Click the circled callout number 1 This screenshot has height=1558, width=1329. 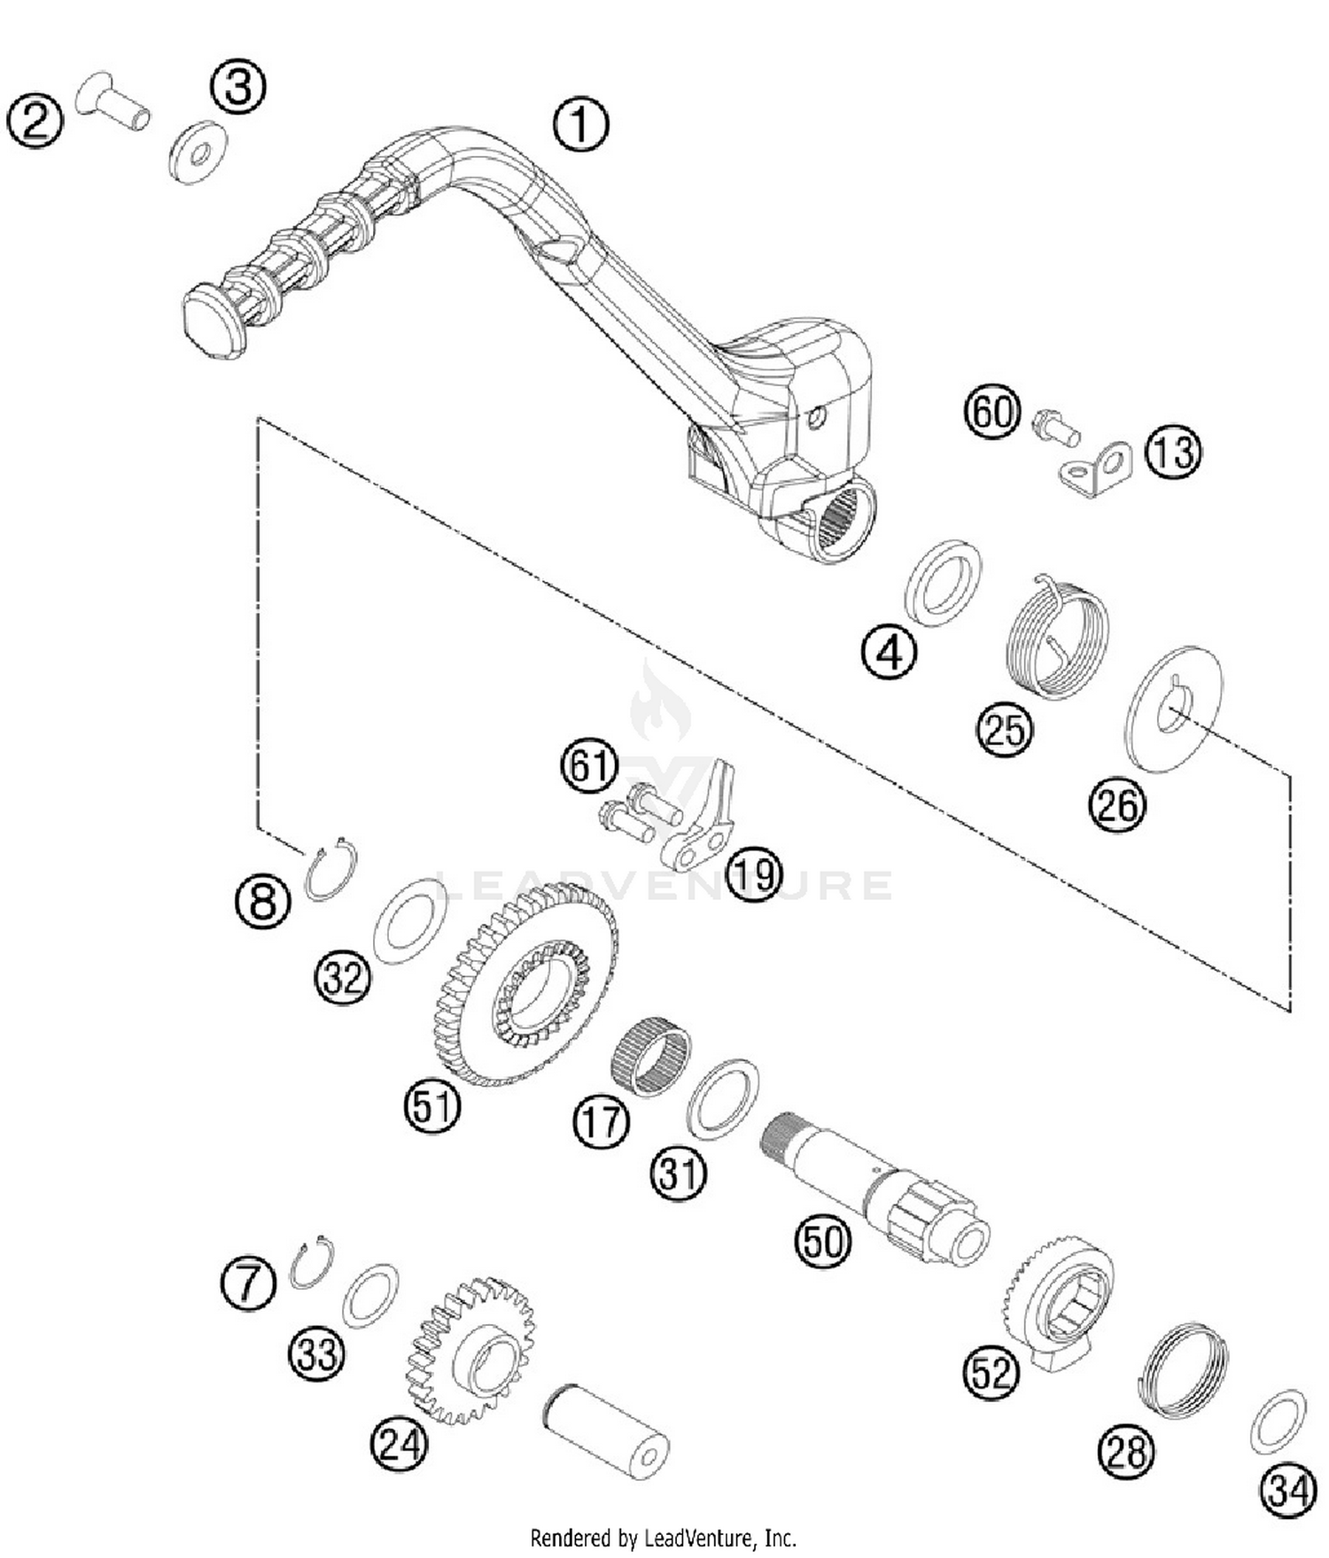[x=581, y=124]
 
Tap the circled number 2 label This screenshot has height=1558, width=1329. [x=35, y=121]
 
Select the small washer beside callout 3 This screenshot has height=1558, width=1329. [x=198, y=152]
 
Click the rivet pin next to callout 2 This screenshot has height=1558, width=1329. [x=112, y=100]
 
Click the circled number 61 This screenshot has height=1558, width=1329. [x=589, y=765]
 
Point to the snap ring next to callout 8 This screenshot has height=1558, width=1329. [x=330, y=870]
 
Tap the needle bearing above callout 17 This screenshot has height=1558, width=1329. [x=651, y=1058]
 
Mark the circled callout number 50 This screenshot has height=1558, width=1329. [x=823, y=1241]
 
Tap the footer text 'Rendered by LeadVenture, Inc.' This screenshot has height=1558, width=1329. [x=664, y=1538]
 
